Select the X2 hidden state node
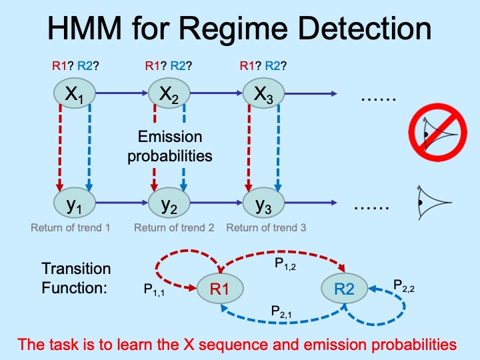[168, 97]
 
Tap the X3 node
[263, 97]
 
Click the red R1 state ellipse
[220, 288]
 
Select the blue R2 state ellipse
[345, 288]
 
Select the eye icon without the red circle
[432, 201]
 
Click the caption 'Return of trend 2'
[174, 227]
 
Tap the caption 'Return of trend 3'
[266, 227]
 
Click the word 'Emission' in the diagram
[169, 137]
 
